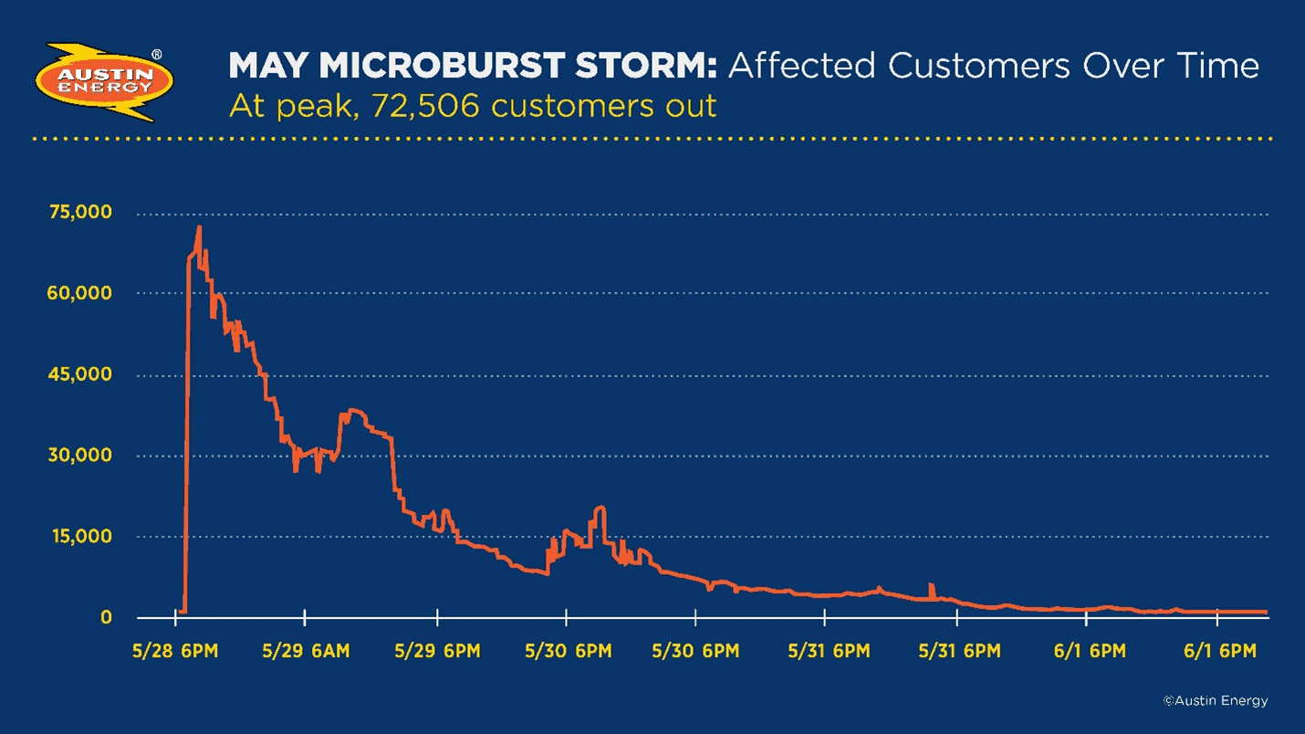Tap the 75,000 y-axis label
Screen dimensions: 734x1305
[80, 213]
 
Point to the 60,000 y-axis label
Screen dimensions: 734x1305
[80, 293]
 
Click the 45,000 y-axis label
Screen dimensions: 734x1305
[80, 374]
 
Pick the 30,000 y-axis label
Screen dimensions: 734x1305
[80, 456]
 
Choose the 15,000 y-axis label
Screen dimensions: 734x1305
[80, 537]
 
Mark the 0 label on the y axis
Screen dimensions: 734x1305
[106, 618]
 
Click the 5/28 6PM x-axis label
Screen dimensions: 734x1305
[175, 652]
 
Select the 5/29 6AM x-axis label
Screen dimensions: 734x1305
[305, 652]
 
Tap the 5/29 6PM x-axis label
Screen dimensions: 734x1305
[437, 652]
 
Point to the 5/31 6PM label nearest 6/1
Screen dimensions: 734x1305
[958, 652]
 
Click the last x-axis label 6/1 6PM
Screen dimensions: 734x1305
[1219, 652]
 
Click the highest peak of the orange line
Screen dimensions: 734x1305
[199, 227]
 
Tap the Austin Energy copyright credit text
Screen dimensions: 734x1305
[1215, 701]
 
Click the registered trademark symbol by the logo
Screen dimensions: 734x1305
[156, 55]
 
